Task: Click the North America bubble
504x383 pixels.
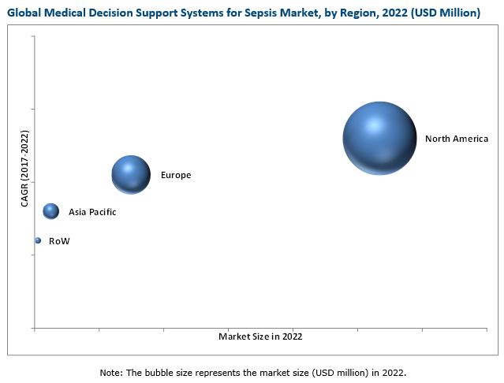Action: [x=379, y=138]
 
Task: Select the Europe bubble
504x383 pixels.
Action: [x=131, y=174]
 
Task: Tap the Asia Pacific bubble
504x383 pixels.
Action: [x=51, y=210]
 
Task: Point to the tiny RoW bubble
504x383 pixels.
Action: [x=37, y=240]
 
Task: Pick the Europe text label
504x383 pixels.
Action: [x=176, y=175]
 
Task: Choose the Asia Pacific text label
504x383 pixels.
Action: [x=92, y=211]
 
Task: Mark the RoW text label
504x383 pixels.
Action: [x=59, y=241]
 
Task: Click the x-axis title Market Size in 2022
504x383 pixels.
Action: [x=259, y=336]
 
